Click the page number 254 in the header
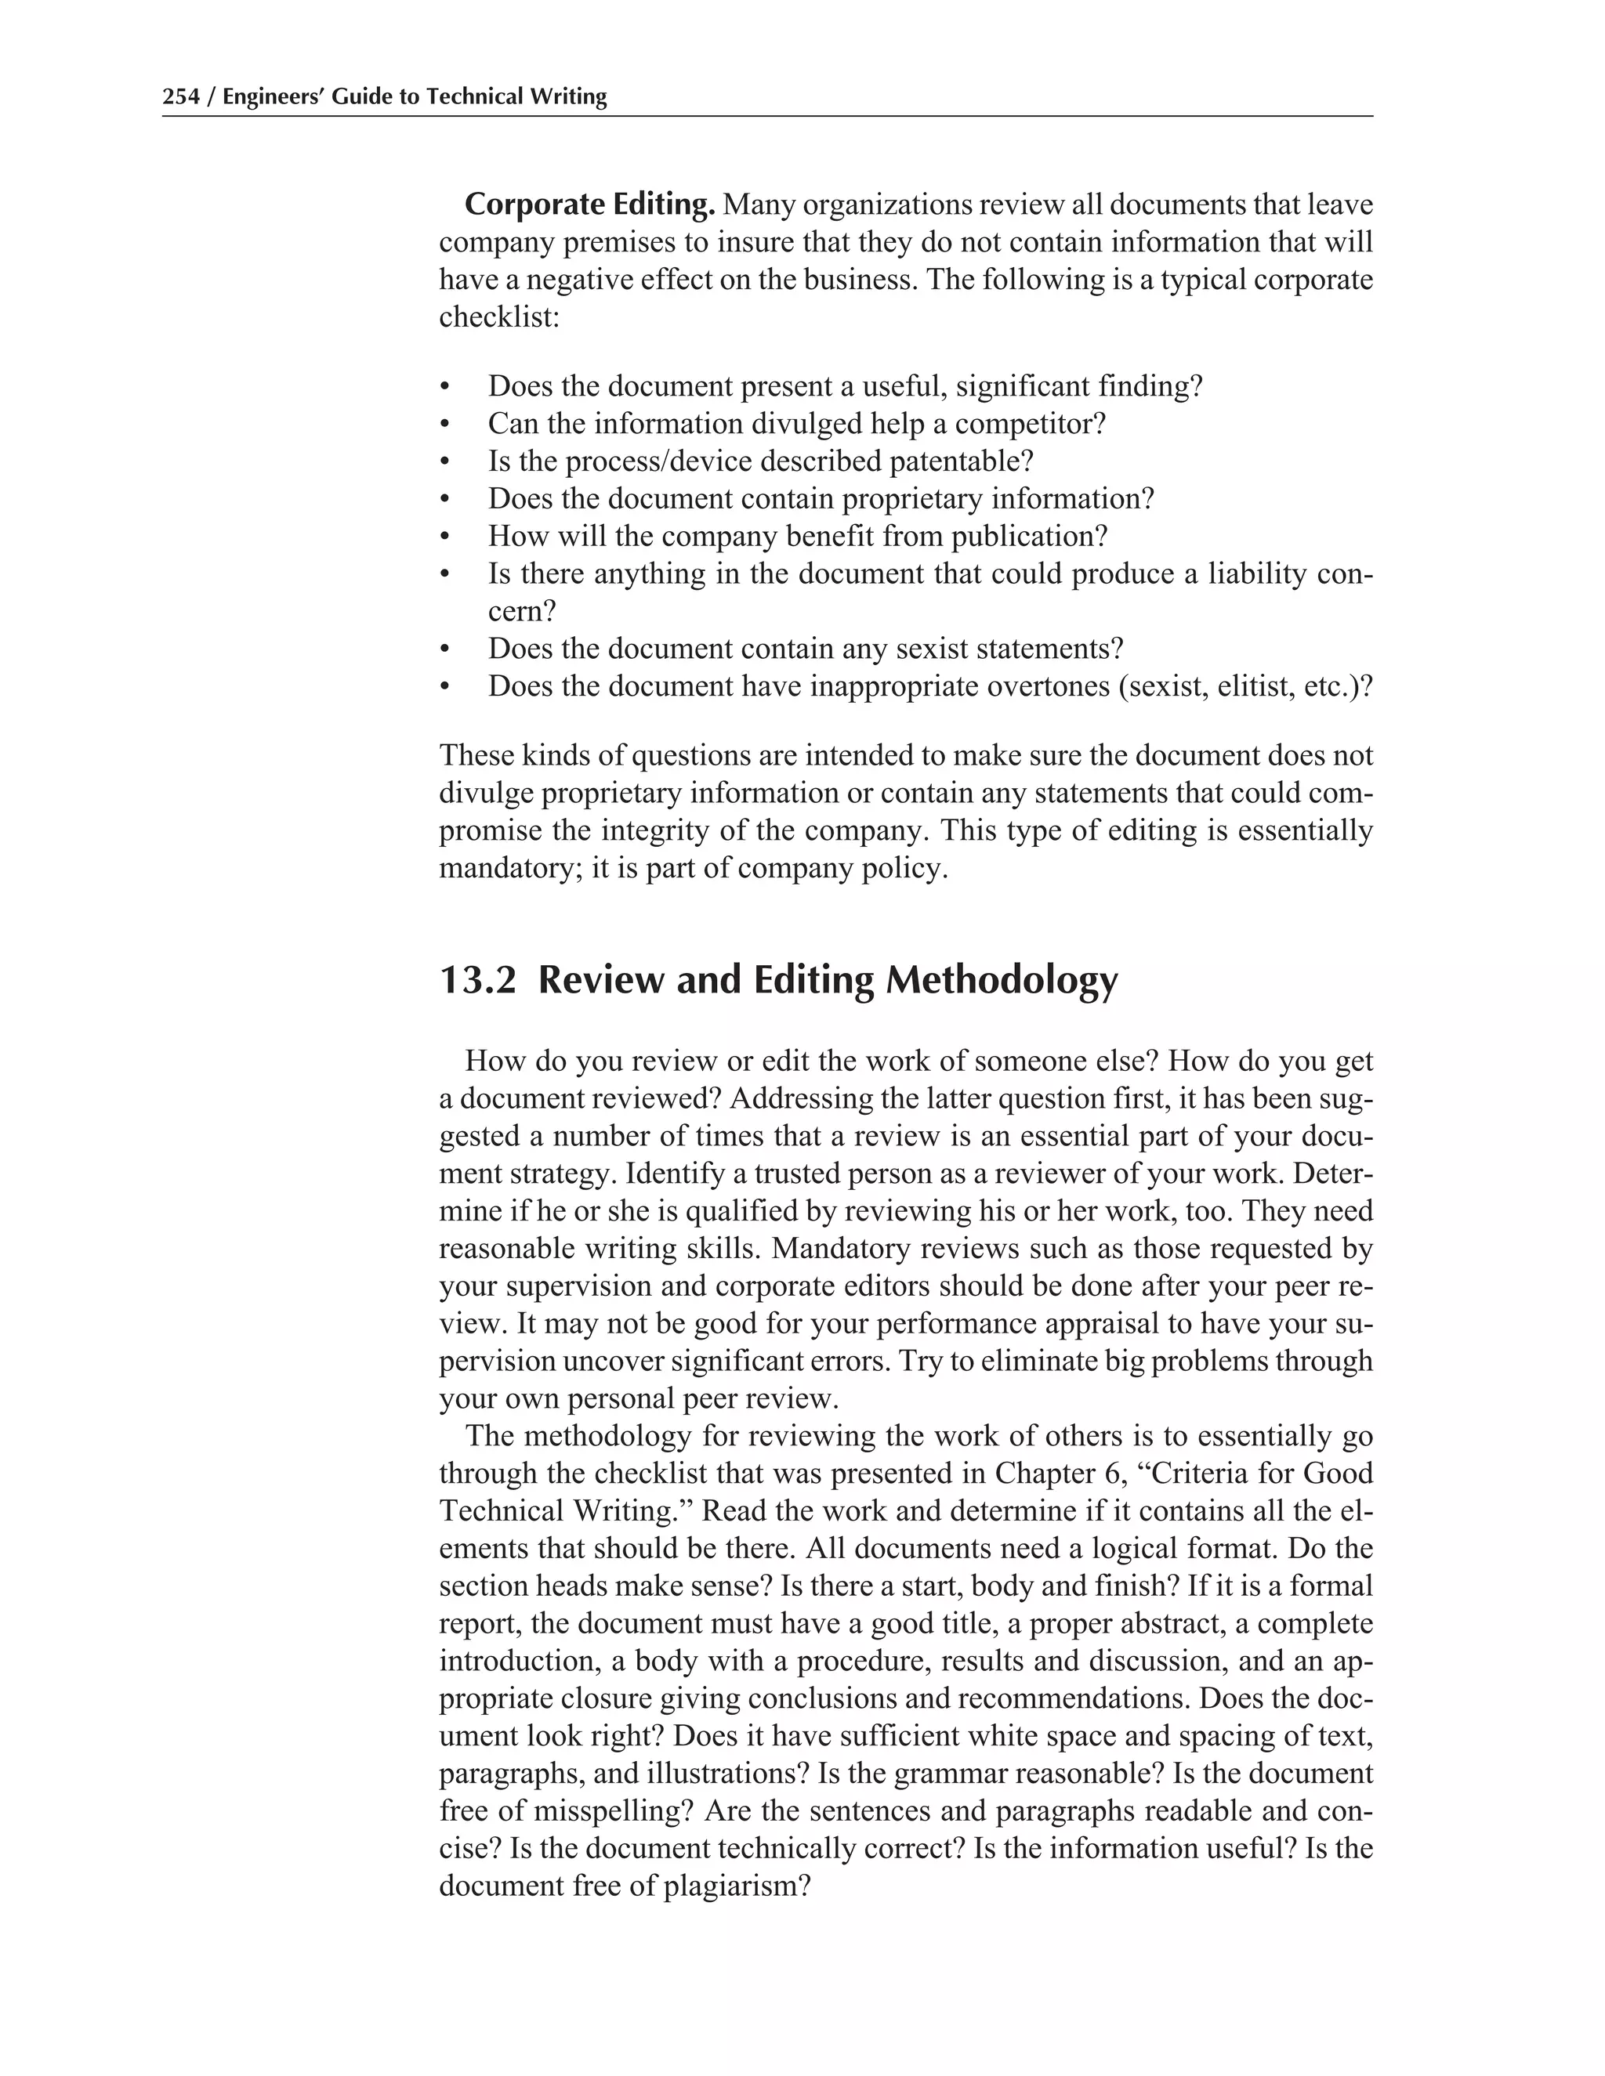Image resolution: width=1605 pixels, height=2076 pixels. pos(181,97)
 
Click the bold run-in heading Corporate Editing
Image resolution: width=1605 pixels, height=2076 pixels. pos(589,205)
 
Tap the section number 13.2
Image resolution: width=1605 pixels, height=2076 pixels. pos(477,980)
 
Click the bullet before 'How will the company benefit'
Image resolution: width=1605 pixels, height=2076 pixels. pos(444,538)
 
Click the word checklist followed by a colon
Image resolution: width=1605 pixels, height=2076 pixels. pos(498,317)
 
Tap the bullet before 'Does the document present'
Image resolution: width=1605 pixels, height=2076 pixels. pos(444,388)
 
